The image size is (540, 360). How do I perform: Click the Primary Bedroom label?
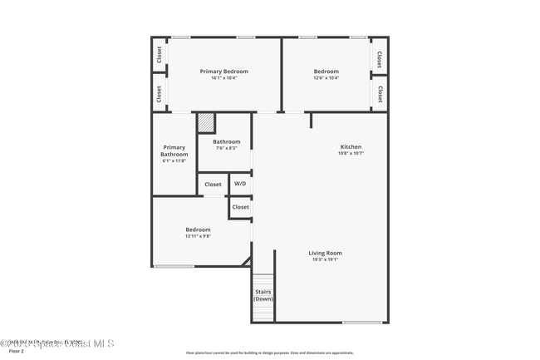click(224, 72)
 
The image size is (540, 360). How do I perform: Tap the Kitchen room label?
click(351, 146)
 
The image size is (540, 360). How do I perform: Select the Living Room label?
click(325, 253)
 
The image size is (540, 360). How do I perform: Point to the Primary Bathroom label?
click(174, 150)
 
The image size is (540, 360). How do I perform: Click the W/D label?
click(239, 184)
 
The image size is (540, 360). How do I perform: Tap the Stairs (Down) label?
click(263, 295)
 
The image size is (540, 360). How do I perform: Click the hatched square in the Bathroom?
click(207, 124)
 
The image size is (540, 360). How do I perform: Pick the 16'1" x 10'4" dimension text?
click(224, 78)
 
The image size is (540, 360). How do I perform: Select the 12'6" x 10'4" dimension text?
click(326, 78)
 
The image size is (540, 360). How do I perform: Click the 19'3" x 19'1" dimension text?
click(325, 259)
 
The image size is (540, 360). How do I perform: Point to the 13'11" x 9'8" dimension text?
click(198, 236)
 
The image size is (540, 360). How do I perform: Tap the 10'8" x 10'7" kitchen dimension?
click(351, 153)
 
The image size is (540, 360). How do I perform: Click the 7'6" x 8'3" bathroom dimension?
click(226, 148)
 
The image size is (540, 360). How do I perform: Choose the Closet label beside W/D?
click(213, 184)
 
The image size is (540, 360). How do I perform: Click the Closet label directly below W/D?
click(240, 207)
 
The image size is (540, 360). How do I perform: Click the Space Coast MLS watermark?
click(58, 342)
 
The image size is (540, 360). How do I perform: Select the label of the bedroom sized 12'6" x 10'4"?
click(326, 72)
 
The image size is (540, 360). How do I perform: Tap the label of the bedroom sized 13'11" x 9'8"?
click(198, 229)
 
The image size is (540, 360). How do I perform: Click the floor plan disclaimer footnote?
click(269, 353)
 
